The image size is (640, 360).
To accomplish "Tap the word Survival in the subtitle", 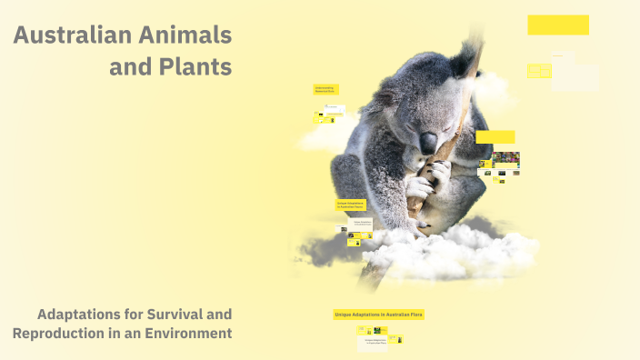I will click(170, 315).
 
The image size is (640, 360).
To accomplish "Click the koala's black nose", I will click(427, 141).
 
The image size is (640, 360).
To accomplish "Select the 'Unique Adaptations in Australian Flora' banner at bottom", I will click(379, 315).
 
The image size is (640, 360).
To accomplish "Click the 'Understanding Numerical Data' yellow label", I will click(325, 90).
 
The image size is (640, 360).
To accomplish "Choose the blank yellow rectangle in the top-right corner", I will click(557, 25).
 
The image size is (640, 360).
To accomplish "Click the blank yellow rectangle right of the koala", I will click(495, 137).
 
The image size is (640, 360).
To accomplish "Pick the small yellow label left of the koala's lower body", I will click(350, 205).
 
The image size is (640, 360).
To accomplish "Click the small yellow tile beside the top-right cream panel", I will click(538, 70).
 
